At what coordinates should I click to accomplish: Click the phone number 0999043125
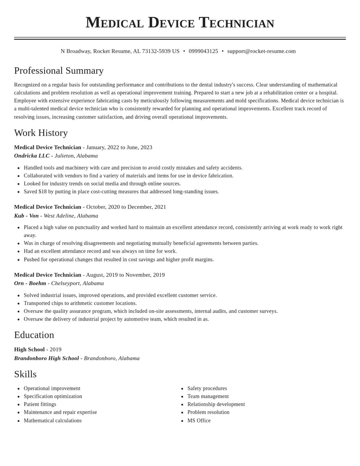coord(203,51)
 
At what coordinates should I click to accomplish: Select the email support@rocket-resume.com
coord(261,51)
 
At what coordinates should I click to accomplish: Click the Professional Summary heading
coord(59,71)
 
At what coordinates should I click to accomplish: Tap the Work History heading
coord(41,133)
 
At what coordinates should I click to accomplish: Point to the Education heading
coord(34,335)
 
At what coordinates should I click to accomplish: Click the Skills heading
coord(25,374)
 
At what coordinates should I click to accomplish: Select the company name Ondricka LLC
coord(32,156)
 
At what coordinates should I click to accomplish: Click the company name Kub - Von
coord(26,216)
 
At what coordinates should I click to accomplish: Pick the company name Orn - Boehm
coord(30,283)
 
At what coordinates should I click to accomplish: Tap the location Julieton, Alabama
coord(76,156)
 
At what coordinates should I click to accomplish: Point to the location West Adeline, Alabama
coord(71,216)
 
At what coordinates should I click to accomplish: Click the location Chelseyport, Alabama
coord(77,283)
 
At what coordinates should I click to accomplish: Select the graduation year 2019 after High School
coord(55,349)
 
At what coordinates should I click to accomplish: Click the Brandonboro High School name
coord(46,358)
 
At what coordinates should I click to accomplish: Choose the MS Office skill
coord(199,421)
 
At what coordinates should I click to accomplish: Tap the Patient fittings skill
coord(40,404)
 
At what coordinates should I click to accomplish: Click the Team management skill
coord(208,396)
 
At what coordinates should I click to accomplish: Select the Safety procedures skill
coord(207,389)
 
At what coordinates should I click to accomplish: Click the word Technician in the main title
coord(237,23)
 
